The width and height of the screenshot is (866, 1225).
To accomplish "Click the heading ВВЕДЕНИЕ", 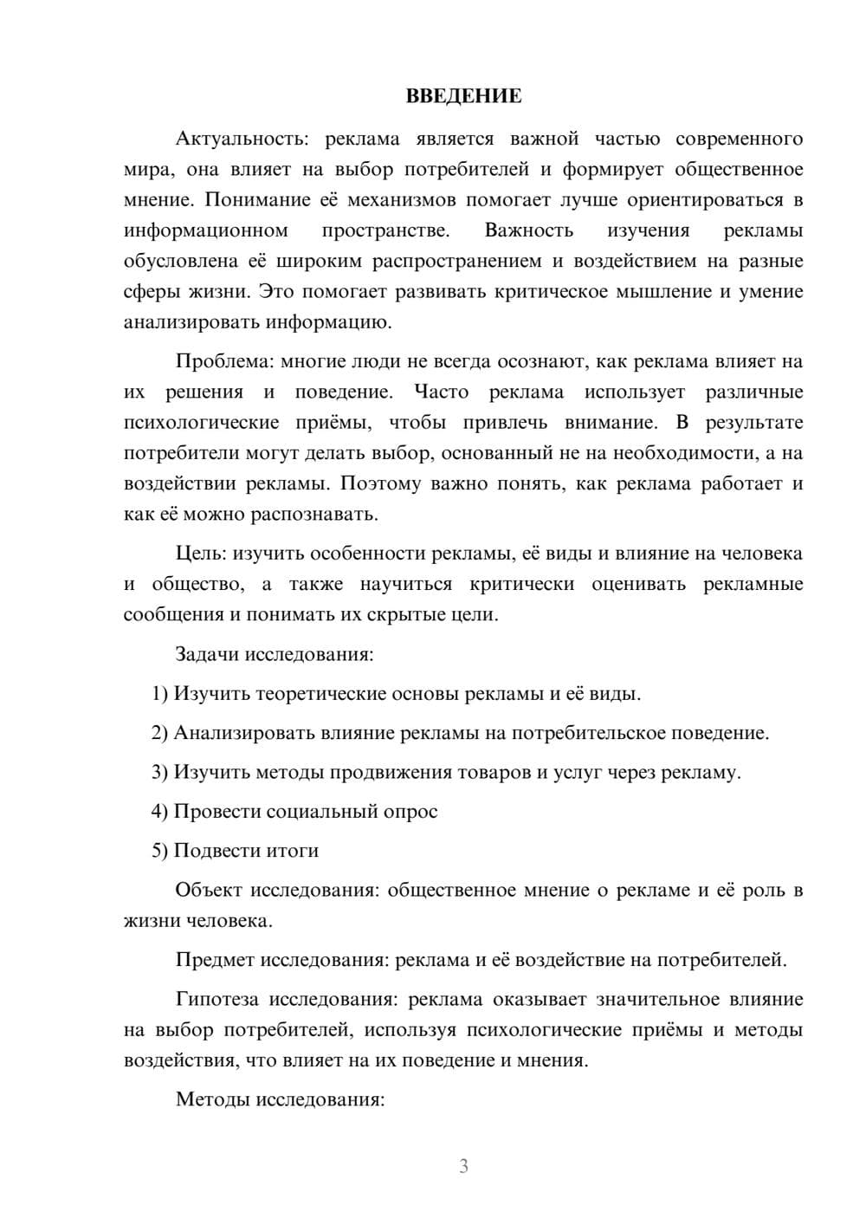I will [x=463, y=96].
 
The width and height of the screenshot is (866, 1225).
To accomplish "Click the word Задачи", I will [x=207, y=653].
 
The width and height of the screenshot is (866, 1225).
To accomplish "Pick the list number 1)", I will [x=159, y=693].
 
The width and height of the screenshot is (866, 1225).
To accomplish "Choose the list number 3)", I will [x=159, y=772].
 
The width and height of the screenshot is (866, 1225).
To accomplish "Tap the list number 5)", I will [x=159, y=851].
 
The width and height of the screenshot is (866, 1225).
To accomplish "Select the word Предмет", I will [x=216, y=960].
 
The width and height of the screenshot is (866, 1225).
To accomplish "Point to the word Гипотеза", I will [x=217, y=999].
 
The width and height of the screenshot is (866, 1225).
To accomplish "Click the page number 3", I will [x=463, y=1166].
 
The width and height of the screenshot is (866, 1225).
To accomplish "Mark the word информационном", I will [x=206, y=230].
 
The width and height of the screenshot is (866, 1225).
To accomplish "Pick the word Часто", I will [x=442, y=392].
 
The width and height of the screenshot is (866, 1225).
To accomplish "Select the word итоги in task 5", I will [x=293, y=851].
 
